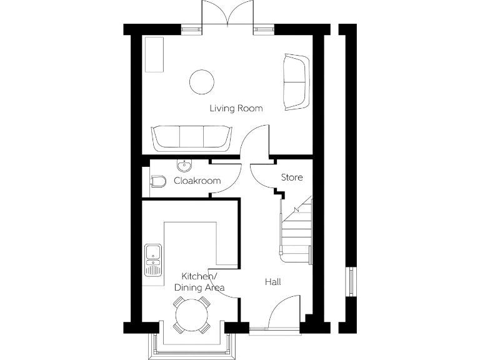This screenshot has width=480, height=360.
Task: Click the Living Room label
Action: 236,109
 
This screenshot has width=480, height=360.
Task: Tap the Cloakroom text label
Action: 197,181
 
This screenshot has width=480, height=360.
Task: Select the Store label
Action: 291,177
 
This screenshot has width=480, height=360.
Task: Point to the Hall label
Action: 272,282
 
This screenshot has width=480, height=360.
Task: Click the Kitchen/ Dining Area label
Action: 199,282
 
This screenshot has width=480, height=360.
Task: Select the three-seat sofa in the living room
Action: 190,137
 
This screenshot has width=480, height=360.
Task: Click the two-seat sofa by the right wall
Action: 295,81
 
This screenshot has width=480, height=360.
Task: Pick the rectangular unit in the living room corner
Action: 154,54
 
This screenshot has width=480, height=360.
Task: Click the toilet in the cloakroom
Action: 158,181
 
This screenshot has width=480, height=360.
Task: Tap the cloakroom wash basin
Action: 184,166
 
